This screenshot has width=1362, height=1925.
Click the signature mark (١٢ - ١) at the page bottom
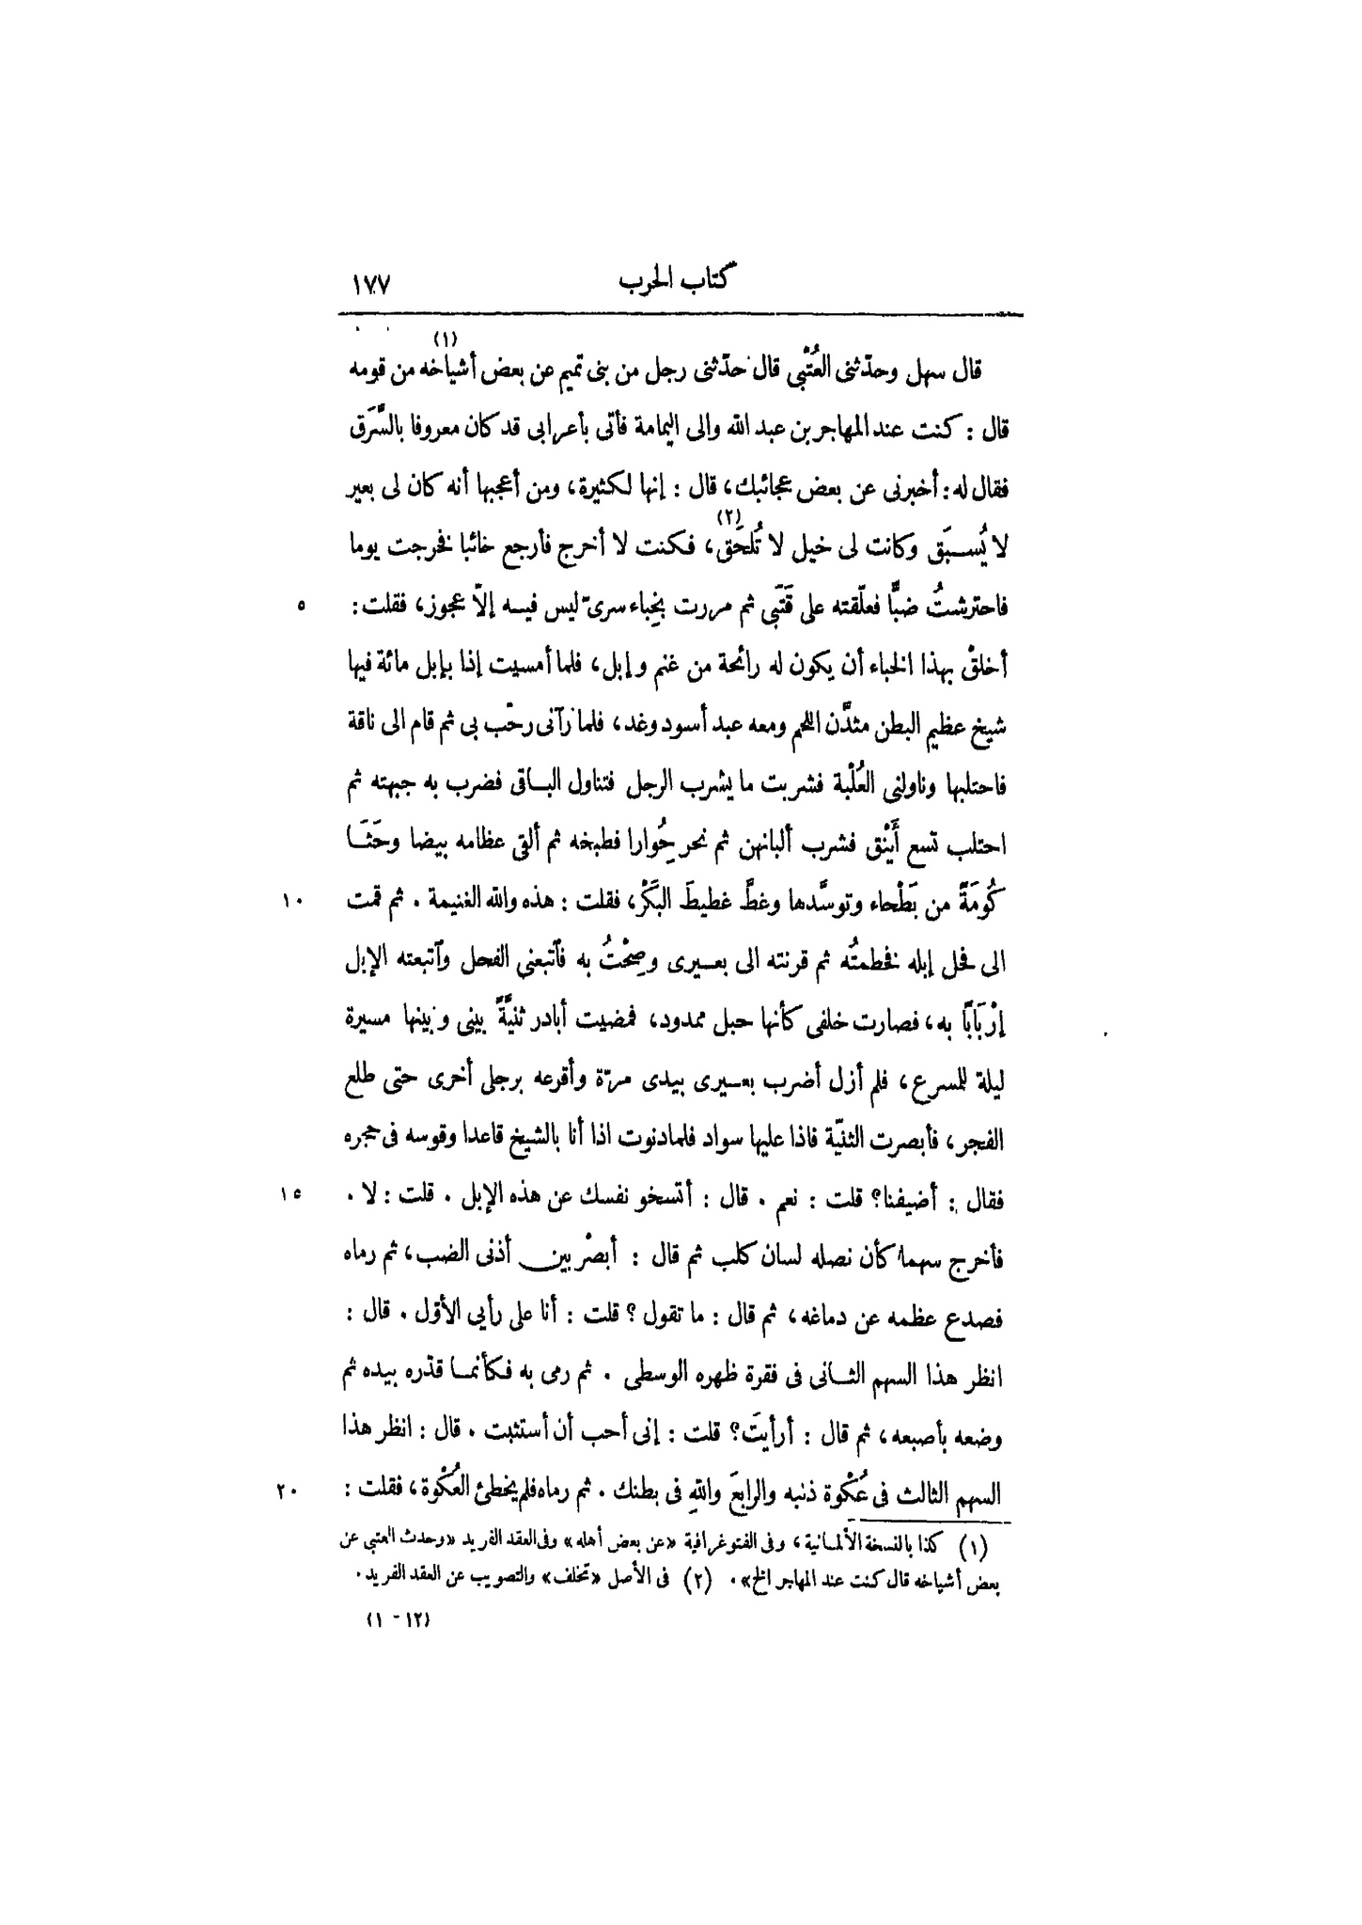pos(398,1620)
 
